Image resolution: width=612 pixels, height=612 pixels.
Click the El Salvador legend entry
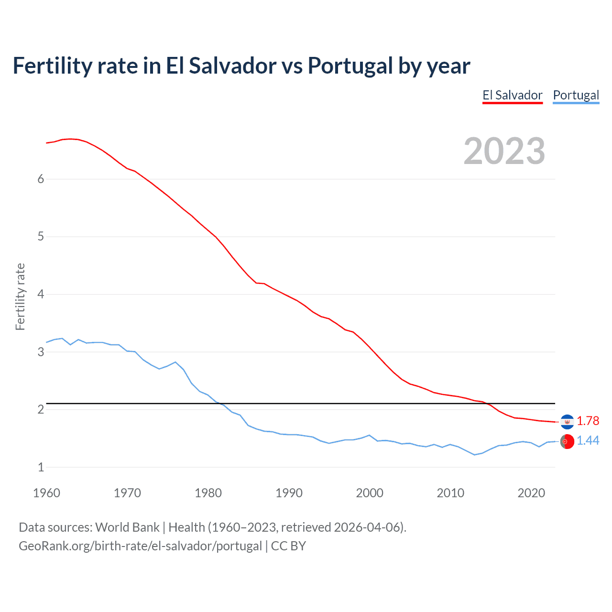(x=512, y=95)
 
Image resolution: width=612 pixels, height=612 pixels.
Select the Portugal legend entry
(x=576, y=95)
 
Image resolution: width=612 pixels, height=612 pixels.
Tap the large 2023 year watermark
(x=504, y=151)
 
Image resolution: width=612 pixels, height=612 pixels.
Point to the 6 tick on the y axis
(x=41, y=179)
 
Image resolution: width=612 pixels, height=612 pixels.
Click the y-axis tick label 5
(x=41, y=237)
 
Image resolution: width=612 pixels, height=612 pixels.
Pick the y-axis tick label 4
(x=41, y=294)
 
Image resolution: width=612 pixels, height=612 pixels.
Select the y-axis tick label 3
(x=41, y=352)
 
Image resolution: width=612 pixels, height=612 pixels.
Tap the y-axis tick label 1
(x=41, y=467)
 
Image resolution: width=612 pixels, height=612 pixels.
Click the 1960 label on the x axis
(x=46, y=493)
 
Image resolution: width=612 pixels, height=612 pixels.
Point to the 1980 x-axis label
(x=208, y=493)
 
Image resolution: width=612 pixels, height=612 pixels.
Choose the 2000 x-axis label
(x=370, y=493)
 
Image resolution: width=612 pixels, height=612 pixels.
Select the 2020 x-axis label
(x=531, y=493)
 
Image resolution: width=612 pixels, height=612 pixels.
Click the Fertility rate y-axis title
(x=20, y=296)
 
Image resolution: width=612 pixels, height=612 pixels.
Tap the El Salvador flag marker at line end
(x=567, y=422)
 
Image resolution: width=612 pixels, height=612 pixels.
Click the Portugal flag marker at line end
(x=567, y=442)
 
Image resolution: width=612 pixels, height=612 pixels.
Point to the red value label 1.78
(x=588, y=421)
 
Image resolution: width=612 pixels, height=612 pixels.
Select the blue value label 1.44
(x=588, y=441)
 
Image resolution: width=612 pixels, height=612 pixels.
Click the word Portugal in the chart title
(x=350, y=66)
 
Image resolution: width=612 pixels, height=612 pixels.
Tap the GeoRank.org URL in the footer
(x=140, y=546)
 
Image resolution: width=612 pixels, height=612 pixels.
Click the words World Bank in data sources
(x=127, y=527)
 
